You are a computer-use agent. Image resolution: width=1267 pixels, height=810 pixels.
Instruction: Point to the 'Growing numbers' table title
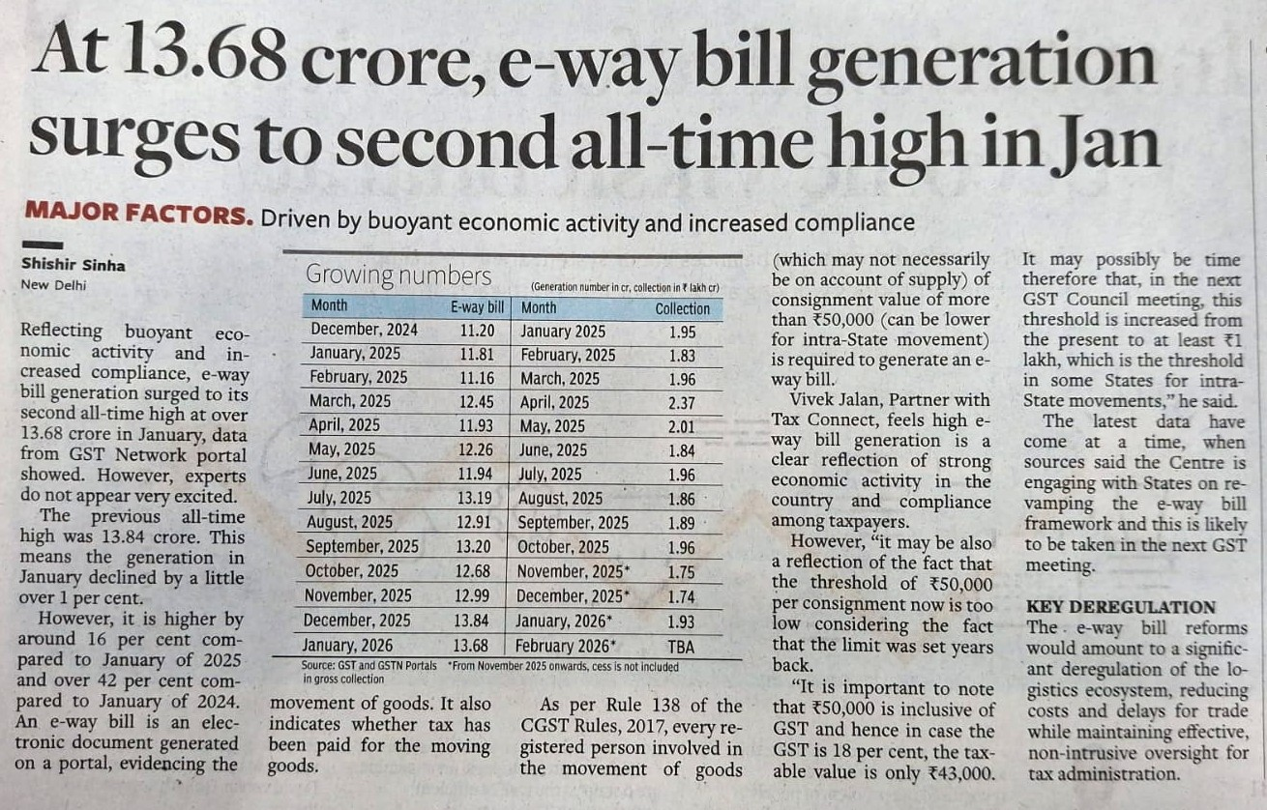[x=398, y=275]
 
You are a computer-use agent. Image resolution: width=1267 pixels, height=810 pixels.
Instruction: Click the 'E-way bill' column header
[x=478, y=308]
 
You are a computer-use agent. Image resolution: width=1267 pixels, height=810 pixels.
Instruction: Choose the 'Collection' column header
[x=683, y=308]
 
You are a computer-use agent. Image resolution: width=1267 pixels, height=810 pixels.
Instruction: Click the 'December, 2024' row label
[x=365, y=330]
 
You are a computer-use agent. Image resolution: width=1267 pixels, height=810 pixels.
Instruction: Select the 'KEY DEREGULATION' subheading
[x=1120, y=607]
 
